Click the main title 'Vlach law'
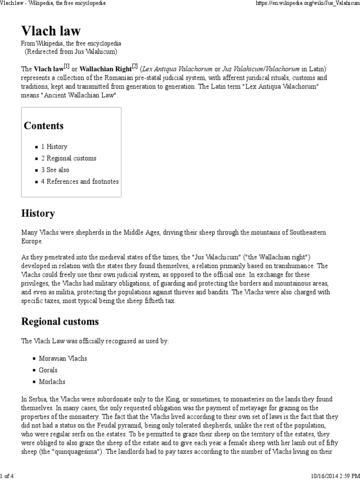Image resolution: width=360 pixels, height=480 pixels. click(51, 31)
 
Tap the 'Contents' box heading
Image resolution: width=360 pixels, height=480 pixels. click(44, 126)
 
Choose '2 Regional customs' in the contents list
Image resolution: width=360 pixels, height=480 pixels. click(68, 158)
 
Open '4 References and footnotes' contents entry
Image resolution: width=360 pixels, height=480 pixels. click(80, 181)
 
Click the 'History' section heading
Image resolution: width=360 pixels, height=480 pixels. click(38, 213)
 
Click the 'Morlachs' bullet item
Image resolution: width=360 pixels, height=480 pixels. click(52, 382)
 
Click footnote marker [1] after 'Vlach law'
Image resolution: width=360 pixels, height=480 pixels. click(67, 67)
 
